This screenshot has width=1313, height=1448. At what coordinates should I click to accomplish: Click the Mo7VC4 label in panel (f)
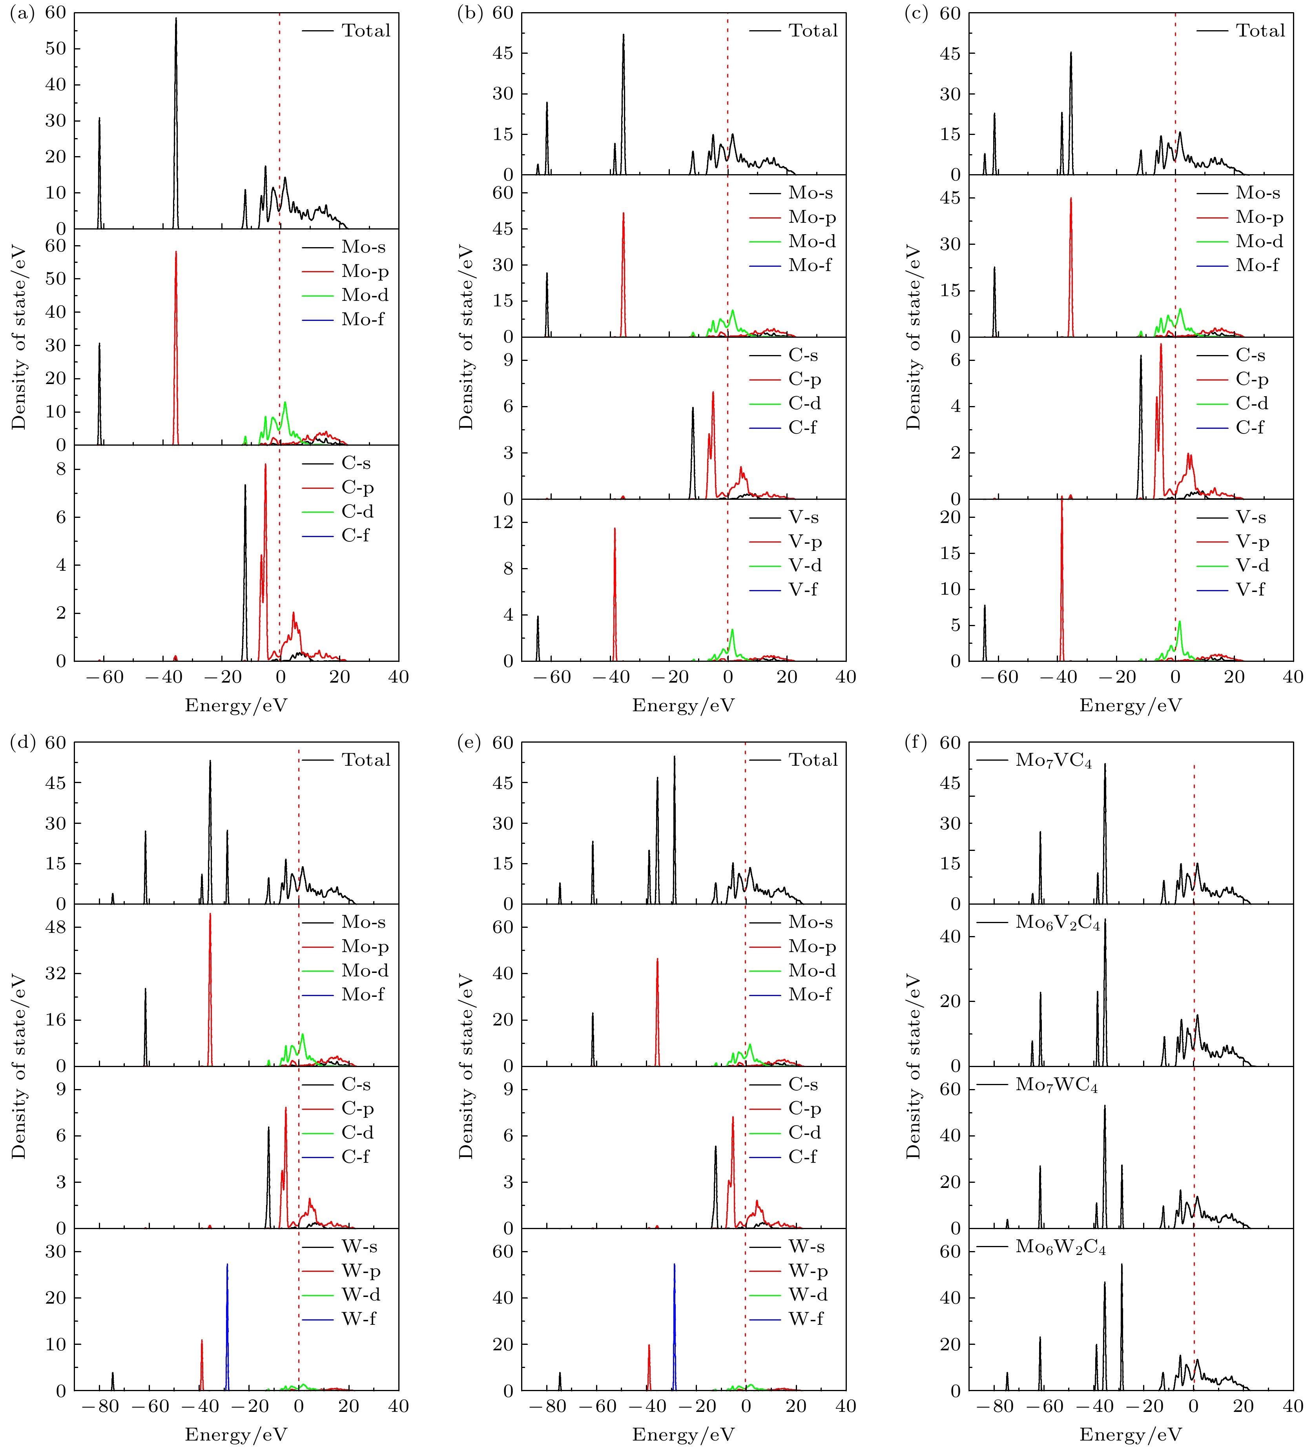pyautogui.click(x=1053, y=761)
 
